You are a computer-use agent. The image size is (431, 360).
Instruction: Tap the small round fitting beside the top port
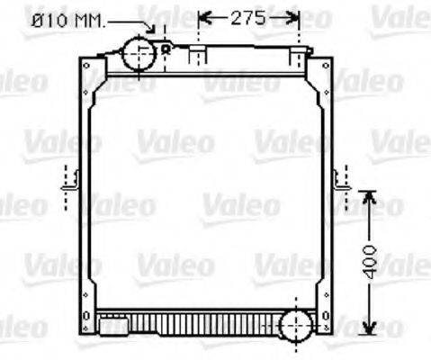point(166,48)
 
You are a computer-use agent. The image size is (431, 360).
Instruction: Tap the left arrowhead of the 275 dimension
point(202,17)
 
